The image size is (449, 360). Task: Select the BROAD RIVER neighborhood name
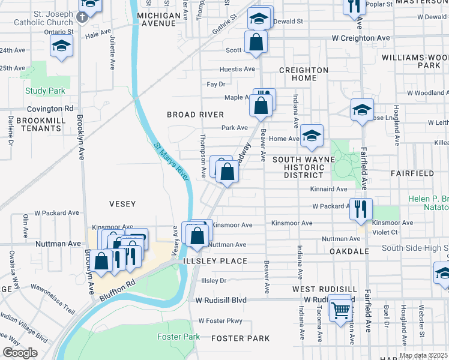tap(195, 115)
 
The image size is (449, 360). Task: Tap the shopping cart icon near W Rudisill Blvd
tap(341, 310)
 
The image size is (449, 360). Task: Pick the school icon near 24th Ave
tap(61, 46)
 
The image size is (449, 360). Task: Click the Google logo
tap(20, 353)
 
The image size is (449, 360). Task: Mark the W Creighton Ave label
tap(361, 38)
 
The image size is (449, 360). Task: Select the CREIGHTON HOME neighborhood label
tap(303, 74)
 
